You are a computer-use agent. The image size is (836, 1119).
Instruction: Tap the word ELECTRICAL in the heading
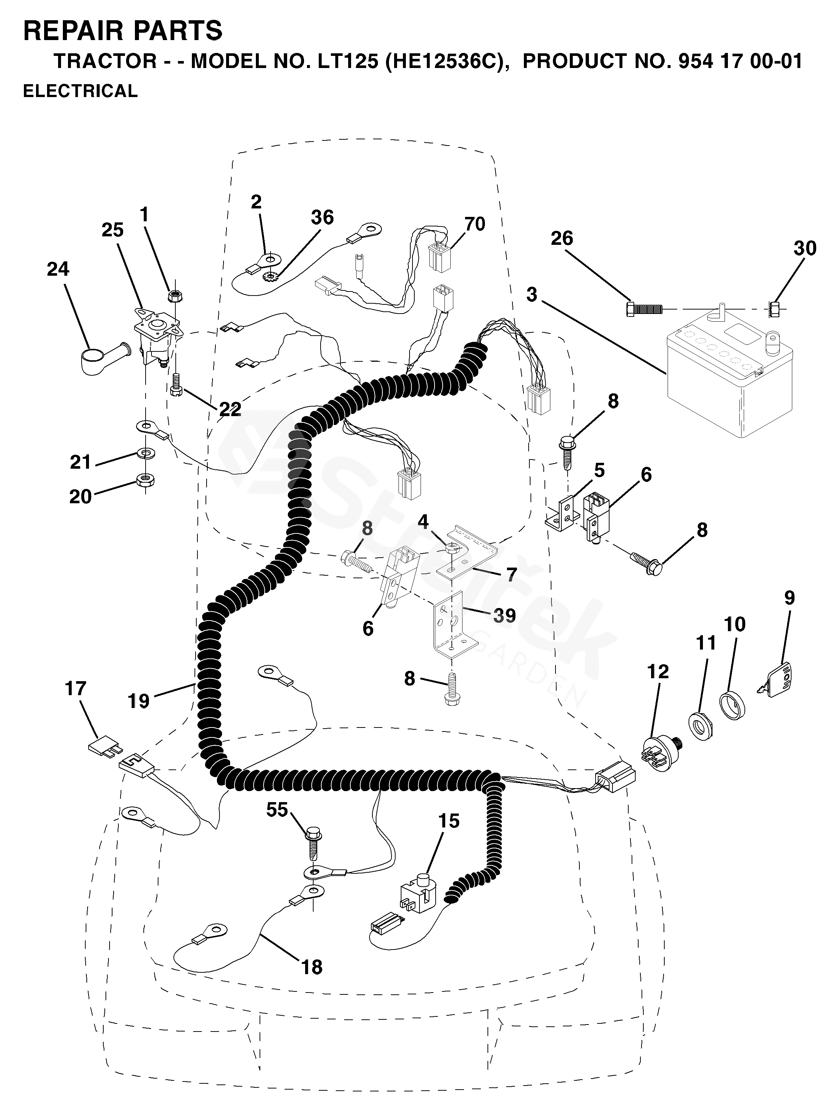coord(81,91)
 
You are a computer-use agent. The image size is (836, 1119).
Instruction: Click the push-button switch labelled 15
coord(418,894)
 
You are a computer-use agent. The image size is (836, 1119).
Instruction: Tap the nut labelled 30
coord(774,308)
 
